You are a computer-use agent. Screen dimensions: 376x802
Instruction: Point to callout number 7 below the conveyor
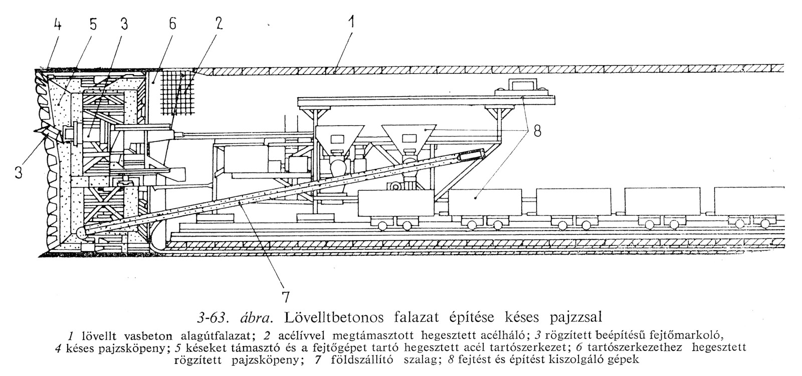coord(285,297)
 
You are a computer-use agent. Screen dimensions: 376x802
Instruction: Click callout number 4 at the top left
coord(58,25)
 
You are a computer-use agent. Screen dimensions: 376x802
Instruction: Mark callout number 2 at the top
coord(219,25)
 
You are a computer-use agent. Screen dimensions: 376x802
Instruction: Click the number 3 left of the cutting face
coord(19,173)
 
